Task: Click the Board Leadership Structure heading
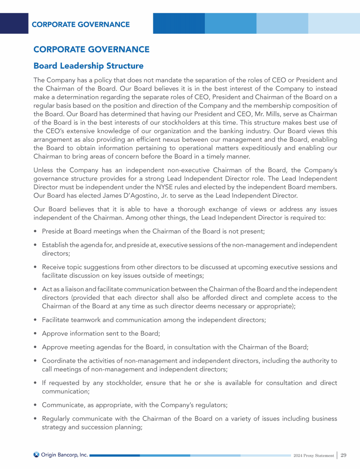88,65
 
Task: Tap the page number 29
344,455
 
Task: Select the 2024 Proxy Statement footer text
314,455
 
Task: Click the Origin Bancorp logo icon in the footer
37,454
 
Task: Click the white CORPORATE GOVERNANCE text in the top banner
81,24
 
